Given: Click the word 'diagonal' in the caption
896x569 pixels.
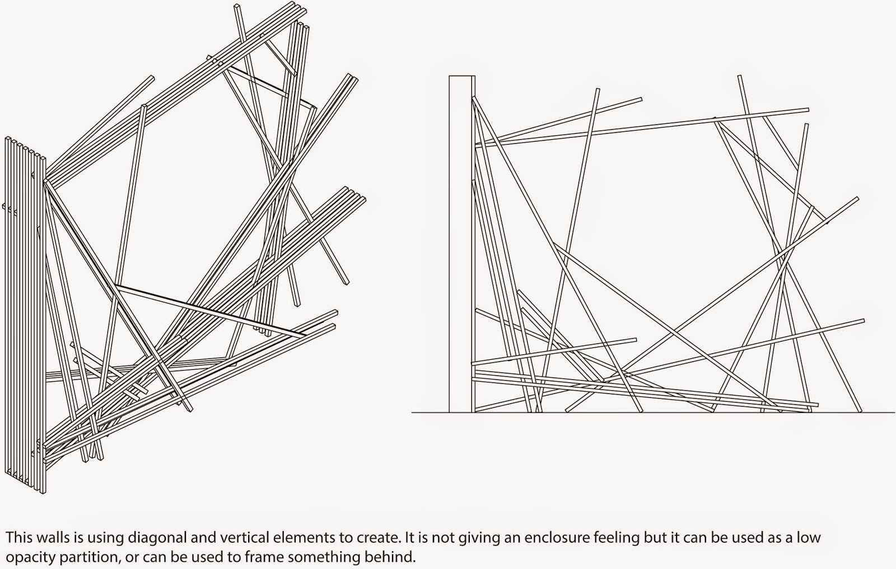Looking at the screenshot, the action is (157, 537).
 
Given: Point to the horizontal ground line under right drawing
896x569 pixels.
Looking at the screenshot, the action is (653, 413).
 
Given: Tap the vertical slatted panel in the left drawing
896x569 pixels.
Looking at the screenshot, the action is (25, 316).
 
